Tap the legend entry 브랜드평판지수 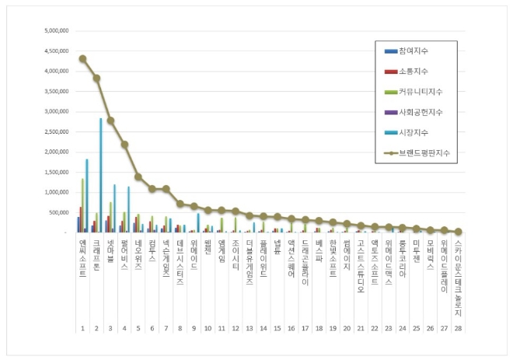point(423,152)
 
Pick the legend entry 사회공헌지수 point(420,112)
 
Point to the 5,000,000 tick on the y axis point(57,31)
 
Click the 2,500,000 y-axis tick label point(57,131)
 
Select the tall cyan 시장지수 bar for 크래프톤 point(100,175)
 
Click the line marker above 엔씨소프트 point(82,58)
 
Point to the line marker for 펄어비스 point(124,145)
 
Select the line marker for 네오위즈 point(138,177)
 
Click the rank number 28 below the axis point(458,329)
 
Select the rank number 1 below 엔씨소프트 point(82,329)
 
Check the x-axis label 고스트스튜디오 point(361,265)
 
